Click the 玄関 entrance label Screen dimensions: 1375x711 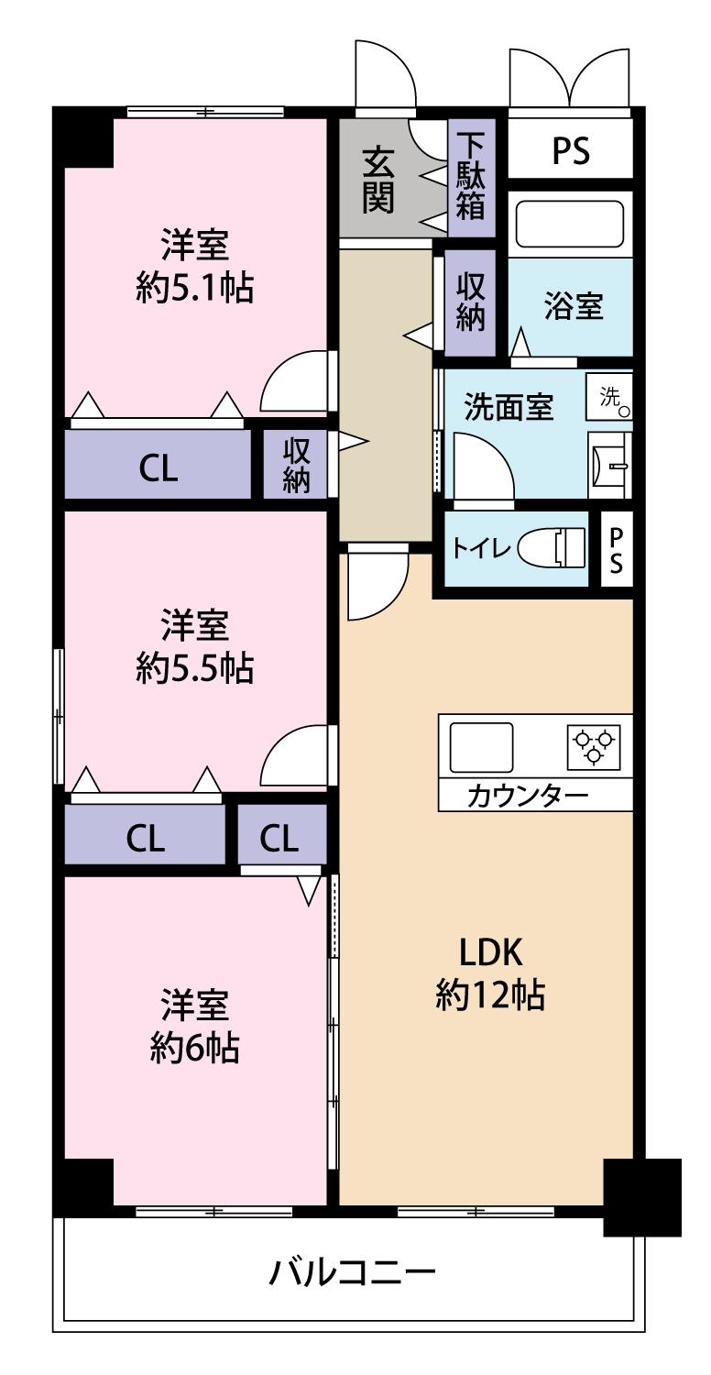point(377,180)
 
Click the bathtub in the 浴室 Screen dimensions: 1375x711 point(570,224)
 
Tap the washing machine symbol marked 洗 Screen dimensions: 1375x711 point(610,397)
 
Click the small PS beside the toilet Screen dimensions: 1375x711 point(617,550)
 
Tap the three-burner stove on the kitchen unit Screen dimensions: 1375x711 point(594,746)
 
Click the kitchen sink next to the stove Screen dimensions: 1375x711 point(480,747)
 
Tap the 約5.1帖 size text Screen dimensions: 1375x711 point(194,289)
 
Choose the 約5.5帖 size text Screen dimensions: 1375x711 point(194,669)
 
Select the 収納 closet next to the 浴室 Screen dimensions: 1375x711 point(471,302)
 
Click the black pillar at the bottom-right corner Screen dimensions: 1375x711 point(642,1196)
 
